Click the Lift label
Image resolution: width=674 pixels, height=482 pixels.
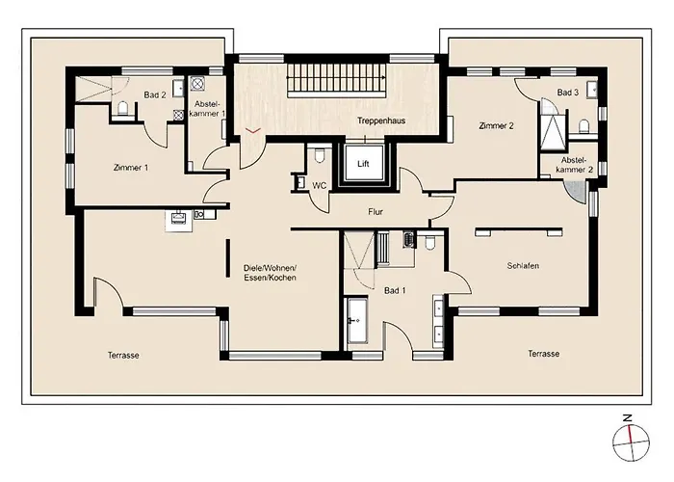363,164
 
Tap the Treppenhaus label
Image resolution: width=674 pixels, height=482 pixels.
381,120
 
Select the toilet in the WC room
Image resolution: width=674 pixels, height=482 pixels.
319,155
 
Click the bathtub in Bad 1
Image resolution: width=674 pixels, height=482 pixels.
357,320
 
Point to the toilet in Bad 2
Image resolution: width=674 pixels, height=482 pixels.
123,108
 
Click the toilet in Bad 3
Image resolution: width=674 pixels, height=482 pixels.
583,126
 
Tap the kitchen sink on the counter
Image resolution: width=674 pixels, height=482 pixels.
178,217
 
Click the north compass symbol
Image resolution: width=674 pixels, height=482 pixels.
631,442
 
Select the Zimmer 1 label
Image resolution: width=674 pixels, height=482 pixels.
131,168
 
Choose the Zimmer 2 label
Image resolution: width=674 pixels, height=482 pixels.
496,125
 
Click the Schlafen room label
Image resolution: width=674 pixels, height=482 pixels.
523,265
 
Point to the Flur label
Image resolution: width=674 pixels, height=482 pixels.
376,212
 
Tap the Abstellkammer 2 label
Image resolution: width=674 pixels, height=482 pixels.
574,165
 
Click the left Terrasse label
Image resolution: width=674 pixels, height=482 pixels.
123,355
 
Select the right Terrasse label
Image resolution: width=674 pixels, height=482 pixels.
544,354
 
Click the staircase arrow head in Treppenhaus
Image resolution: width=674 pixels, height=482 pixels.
383,78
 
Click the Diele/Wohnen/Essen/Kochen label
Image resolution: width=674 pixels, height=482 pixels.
270,273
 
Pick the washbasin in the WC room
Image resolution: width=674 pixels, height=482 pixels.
299,182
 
